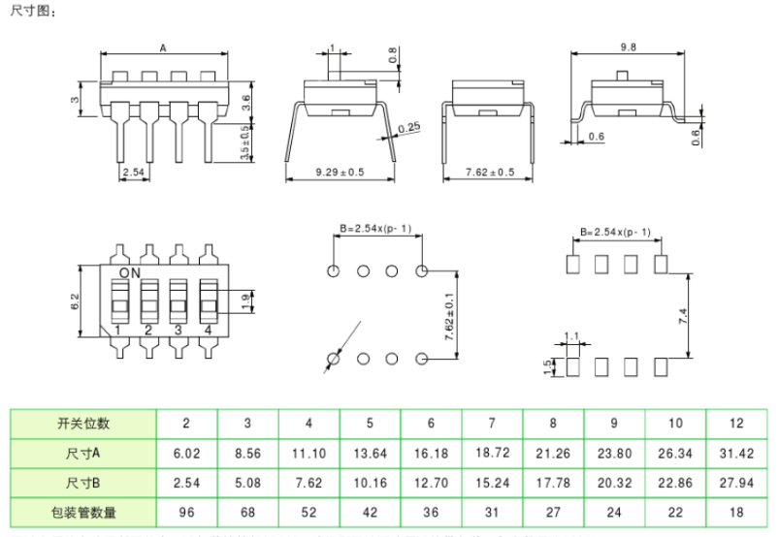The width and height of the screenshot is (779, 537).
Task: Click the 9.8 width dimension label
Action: (x=629, y=47)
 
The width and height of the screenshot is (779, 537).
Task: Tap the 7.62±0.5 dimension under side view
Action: (x=490, y=173)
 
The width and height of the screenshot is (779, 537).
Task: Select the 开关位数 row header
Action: (x=83, y=423)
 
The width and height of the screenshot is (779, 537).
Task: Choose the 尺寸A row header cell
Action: (x=83, y=452)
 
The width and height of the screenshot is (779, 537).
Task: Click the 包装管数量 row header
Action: (x=83, y=511)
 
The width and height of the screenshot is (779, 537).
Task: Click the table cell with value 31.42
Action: (x=735, y=452)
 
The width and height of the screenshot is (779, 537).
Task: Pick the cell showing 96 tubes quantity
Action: (x=186, y=511)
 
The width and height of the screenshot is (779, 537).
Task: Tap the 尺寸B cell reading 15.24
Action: (x=492, y=482)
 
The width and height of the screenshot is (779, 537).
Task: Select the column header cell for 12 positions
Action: (x=735, y=423)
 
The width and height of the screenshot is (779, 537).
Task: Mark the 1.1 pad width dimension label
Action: (x=570, y=336)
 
